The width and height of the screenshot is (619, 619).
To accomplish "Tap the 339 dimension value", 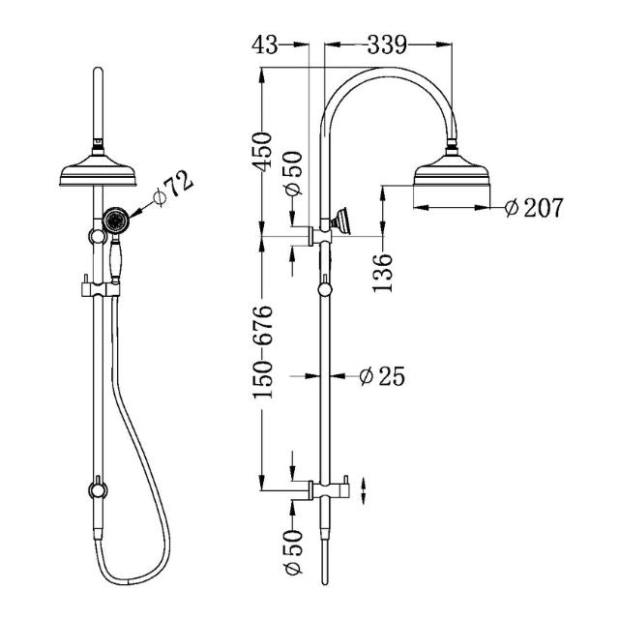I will tap(386, 43).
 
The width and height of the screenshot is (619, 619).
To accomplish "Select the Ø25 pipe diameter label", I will tap(381, 375).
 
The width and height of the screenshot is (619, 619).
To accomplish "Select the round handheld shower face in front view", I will tap(116, 221).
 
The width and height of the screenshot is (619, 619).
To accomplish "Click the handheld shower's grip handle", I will tap(115, 261).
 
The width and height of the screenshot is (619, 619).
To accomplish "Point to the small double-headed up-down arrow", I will tap(364, 487).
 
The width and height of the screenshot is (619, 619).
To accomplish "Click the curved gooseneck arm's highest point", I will tap(387, 72).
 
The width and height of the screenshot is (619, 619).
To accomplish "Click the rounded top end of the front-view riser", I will tap(96, 74).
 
